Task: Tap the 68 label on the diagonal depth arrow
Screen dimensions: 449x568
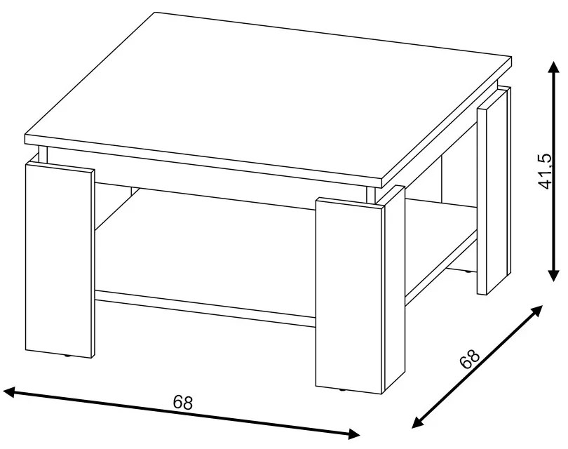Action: tap(469, 359)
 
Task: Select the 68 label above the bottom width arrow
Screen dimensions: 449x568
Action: tap(182, 402)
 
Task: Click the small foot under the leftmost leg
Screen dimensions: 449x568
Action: tap(68, 356)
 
